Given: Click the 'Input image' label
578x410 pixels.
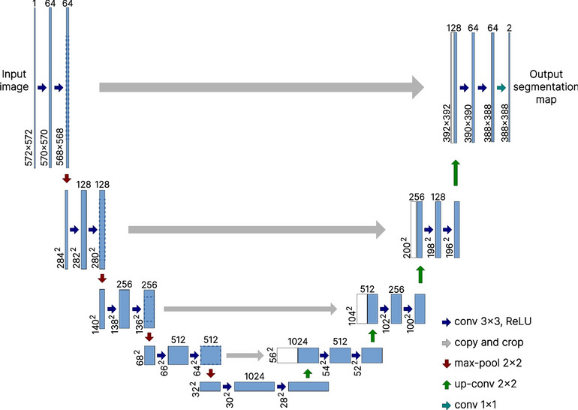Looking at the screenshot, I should click(14, 80).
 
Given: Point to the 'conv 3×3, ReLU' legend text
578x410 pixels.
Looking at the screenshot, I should click(495, 321).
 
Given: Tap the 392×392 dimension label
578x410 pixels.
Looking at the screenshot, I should click(446, 119).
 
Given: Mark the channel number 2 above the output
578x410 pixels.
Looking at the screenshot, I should click(510, 28).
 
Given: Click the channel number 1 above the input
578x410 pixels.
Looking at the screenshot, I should click(35, 5).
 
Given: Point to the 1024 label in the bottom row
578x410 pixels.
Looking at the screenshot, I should click(254, 374).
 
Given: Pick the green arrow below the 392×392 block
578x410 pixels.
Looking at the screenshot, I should click(456, 171).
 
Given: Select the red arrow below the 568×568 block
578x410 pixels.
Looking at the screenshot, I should click(68, 179).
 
